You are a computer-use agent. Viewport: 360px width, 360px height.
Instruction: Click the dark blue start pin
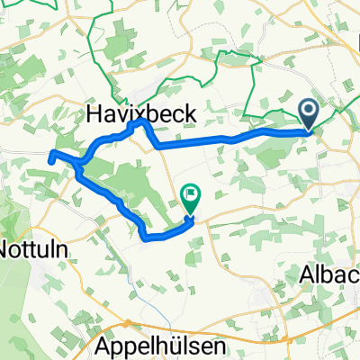pos(308,115)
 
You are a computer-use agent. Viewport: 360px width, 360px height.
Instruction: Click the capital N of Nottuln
pos(7,245)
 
